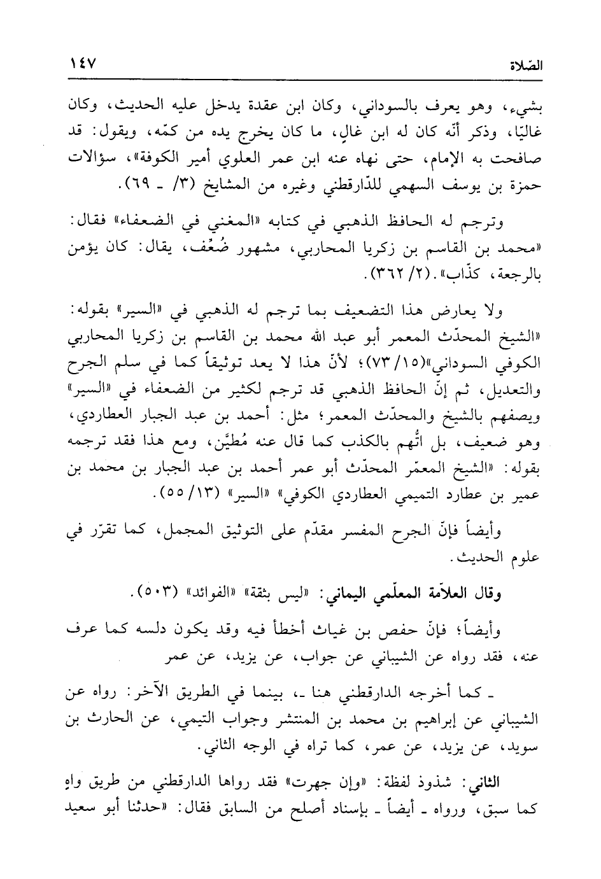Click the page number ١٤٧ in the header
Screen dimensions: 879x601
coord(82,64)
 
